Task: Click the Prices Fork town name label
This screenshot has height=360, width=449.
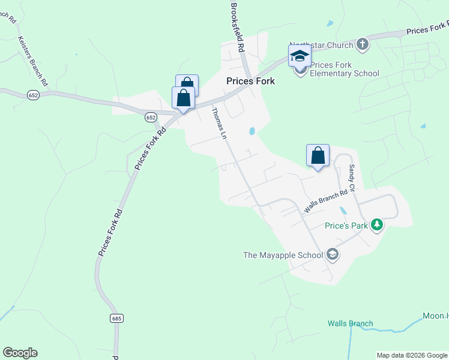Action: click(x=250, y=81)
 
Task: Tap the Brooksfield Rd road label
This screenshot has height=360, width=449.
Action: click(x=238, y=27)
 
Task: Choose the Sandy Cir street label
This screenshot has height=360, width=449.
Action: click(x=352, y=178)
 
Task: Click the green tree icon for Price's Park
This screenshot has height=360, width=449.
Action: click(x=377, y=225)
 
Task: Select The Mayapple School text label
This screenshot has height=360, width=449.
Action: click(x=283, y=255)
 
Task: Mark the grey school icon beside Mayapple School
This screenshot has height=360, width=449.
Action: click(x=333, y=255)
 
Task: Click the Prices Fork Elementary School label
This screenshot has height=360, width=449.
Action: click(x=344, y=69)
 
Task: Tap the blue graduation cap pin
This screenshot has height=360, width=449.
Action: click(x=300, y=56)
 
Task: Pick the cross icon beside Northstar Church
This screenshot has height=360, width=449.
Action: click(x=362, y=44)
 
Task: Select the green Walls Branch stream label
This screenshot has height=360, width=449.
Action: click(x=350, y=323)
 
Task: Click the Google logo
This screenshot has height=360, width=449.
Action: click(x=20, y=353)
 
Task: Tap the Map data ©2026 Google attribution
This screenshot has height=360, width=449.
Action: click(x=412, y=355)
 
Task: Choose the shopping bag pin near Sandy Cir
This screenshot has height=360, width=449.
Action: click(x=318, y=155)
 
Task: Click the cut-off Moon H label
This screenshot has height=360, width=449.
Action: click(x=435, y=316)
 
